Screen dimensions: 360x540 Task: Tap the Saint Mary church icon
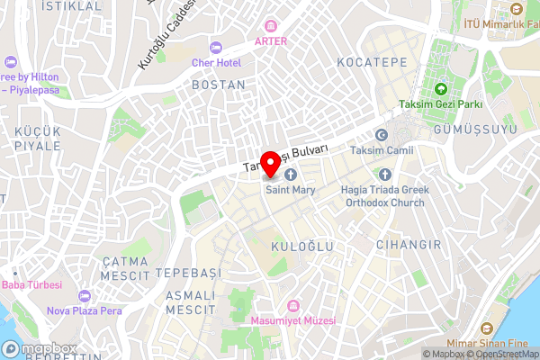291,174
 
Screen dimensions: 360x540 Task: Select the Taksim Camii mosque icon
381,135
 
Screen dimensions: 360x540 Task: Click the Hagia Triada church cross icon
385,174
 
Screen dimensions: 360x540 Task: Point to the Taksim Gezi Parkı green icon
441,89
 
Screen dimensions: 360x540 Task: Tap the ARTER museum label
271,41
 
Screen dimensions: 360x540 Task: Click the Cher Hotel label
216,62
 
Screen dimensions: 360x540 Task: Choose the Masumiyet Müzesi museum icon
292,306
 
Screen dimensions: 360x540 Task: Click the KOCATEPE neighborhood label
372,62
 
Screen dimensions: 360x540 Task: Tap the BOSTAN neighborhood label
218,85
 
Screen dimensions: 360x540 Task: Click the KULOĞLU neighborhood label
301,246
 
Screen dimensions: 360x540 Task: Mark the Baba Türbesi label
32,285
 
